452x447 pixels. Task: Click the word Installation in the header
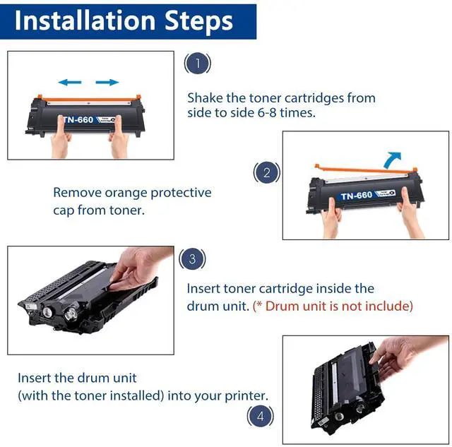(x=85, y=20)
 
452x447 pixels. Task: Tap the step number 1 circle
(x=198, y=63)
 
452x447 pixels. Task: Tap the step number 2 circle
(x=267, y=172)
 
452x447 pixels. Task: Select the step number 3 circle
(x=192, y=258)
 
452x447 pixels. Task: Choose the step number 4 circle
(x=261, y=416)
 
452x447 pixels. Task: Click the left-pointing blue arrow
(x=70, y=83)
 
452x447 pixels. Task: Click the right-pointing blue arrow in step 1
(x=107, y=83)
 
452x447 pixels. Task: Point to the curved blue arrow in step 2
(x=391, y=160)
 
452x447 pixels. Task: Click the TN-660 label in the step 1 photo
(x=78, y=119)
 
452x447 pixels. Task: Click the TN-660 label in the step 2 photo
(x=357, y=196)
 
